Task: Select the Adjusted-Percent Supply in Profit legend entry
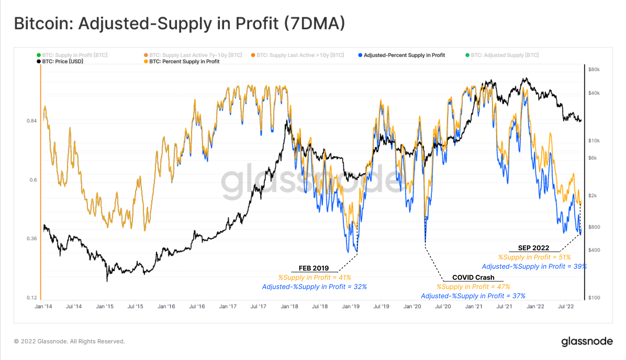[404, 55]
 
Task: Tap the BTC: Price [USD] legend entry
[62, 61]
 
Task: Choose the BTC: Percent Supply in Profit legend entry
[184, 61]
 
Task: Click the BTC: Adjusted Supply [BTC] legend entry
[505, 55]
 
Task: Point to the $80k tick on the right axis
[594, 69]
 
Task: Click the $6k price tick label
[592, 158]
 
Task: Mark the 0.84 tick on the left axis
[32, 121]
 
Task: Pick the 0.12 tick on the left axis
[32, 298]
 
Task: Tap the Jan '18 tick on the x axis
[289, 306]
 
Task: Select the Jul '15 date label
[135, 306]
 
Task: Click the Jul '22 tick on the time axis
[566, 306]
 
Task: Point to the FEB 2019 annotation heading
[314, 268]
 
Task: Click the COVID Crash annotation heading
[473, 277]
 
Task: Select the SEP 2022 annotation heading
[533, 248]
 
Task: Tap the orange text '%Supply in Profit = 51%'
[534, 257]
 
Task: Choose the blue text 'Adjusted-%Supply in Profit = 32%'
[314, 287]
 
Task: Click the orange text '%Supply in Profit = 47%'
[473, 287]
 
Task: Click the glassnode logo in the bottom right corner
[587, 341]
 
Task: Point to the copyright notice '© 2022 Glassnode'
[69, 341]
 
